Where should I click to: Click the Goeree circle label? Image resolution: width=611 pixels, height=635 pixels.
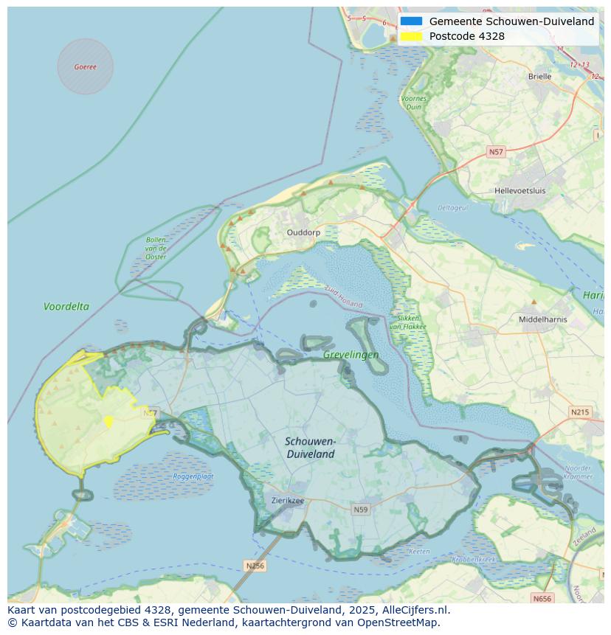pyautogui.click(x=85, y=66)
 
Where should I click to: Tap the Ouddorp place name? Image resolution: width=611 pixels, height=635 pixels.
pyautogui.click(x=303, y=232)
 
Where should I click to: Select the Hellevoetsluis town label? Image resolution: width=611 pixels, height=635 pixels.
pyautogui.click(x=519, y=190)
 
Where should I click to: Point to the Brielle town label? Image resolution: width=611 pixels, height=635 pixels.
pyautogui.click(x=539, y=76)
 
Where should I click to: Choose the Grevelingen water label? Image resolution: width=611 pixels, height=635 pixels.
pyautogui.click(x=351, y=355)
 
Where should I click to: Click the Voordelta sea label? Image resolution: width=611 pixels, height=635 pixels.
pyautogui.click(x=66, y=306)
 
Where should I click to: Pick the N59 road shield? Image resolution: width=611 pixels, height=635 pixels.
pyautogui.click(x=360, y=510)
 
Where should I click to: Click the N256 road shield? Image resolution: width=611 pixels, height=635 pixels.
pyautogui.click(x=255, y=566)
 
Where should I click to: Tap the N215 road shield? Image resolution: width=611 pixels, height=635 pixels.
pyautogui.click(x=580, y=412)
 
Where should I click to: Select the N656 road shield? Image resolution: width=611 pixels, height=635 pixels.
pyautogui.click(x=542, y=599)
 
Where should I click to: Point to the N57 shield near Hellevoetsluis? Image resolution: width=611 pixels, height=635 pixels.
pyautogui.click(x=496, y=152)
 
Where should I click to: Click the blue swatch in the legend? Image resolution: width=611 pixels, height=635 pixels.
pyautogui.click(x=412, y=21)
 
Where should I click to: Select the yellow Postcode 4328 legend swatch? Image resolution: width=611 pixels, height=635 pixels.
pyautogui.click(x=412, y=36)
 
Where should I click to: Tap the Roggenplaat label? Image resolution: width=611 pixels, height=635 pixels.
pyautogui.click(x=193, y=476)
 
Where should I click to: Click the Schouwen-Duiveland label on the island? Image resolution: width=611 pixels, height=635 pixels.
pyautogui.click(x=311, y=448)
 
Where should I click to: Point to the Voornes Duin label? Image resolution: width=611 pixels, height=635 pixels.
pyautogui.click(x=413, y=103)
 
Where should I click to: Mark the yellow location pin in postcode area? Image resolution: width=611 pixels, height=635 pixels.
pyautogui.click(x=108, y=421)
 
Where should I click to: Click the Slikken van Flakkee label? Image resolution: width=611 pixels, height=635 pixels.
pyautogui.click(x=404, y=322)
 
